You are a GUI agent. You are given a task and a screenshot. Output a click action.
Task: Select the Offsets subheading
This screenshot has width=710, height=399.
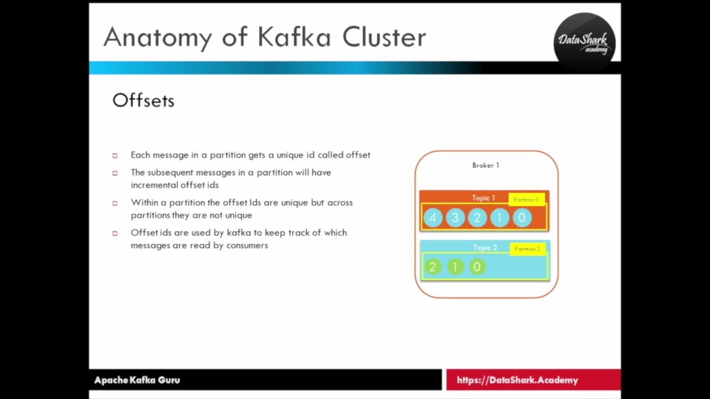[x=143, y=100]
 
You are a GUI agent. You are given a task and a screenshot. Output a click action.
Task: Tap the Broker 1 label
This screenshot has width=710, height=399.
[x=485, y=165]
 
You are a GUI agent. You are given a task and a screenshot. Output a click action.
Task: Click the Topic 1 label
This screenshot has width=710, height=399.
[x=483, y=198]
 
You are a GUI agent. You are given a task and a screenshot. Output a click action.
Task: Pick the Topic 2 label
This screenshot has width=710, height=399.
[x=485, y=248]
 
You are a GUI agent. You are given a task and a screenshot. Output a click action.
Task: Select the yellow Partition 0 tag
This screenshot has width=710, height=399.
[x=526, y=199]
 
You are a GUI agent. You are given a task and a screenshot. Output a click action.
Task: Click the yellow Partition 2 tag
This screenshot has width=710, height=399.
[x=527, y=249]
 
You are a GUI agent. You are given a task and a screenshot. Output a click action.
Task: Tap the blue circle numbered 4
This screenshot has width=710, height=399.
[x=433, y=218]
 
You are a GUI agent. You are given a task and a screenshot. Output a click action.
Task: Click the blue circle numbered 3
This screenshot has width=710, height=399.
[x=455, y=218]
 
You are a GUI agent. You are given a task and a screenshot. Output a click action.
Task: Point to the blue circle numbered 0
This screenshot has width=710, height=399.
[x=521, y=218]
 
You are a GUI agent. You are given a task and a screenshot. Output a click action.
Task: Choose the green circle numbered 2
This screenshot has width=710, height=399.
[x=433, y=267]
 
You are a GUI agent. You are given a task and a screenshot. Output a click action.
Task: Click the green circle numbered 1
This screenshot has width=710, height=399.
[x=455, y=267]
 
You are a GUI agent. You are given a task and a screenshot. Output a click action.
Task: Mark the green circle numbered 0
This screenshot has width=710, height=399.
[x=477, y=267]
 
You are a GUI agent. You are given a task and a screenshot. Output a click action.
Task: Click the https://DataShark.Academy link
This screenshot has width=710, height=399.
[x=517, y=380]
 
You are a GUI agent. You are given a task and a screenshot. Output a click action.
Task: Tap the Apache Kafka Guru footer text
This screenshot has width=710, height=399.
[x=137, y=380]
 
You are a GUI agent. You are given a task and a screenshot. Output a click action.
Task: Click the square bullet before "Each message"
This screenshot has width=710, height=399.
[x=115, y=156]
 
